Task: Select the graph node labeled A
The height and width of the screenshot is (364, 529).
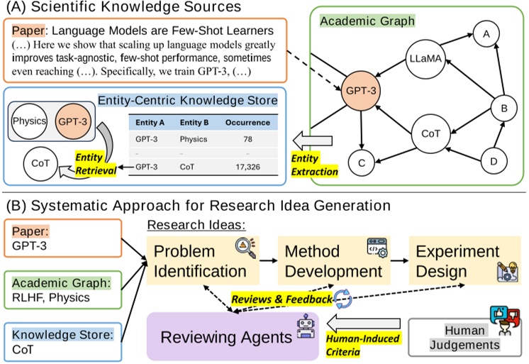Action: (485, 33)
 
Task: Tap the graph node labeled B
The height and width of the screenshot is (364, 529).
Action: (503, 109)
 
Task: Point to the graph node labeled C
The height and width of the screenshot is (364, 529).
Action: (362, 163)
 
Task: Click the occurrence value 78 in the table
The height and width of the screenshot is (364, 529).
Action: (248, 140)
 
